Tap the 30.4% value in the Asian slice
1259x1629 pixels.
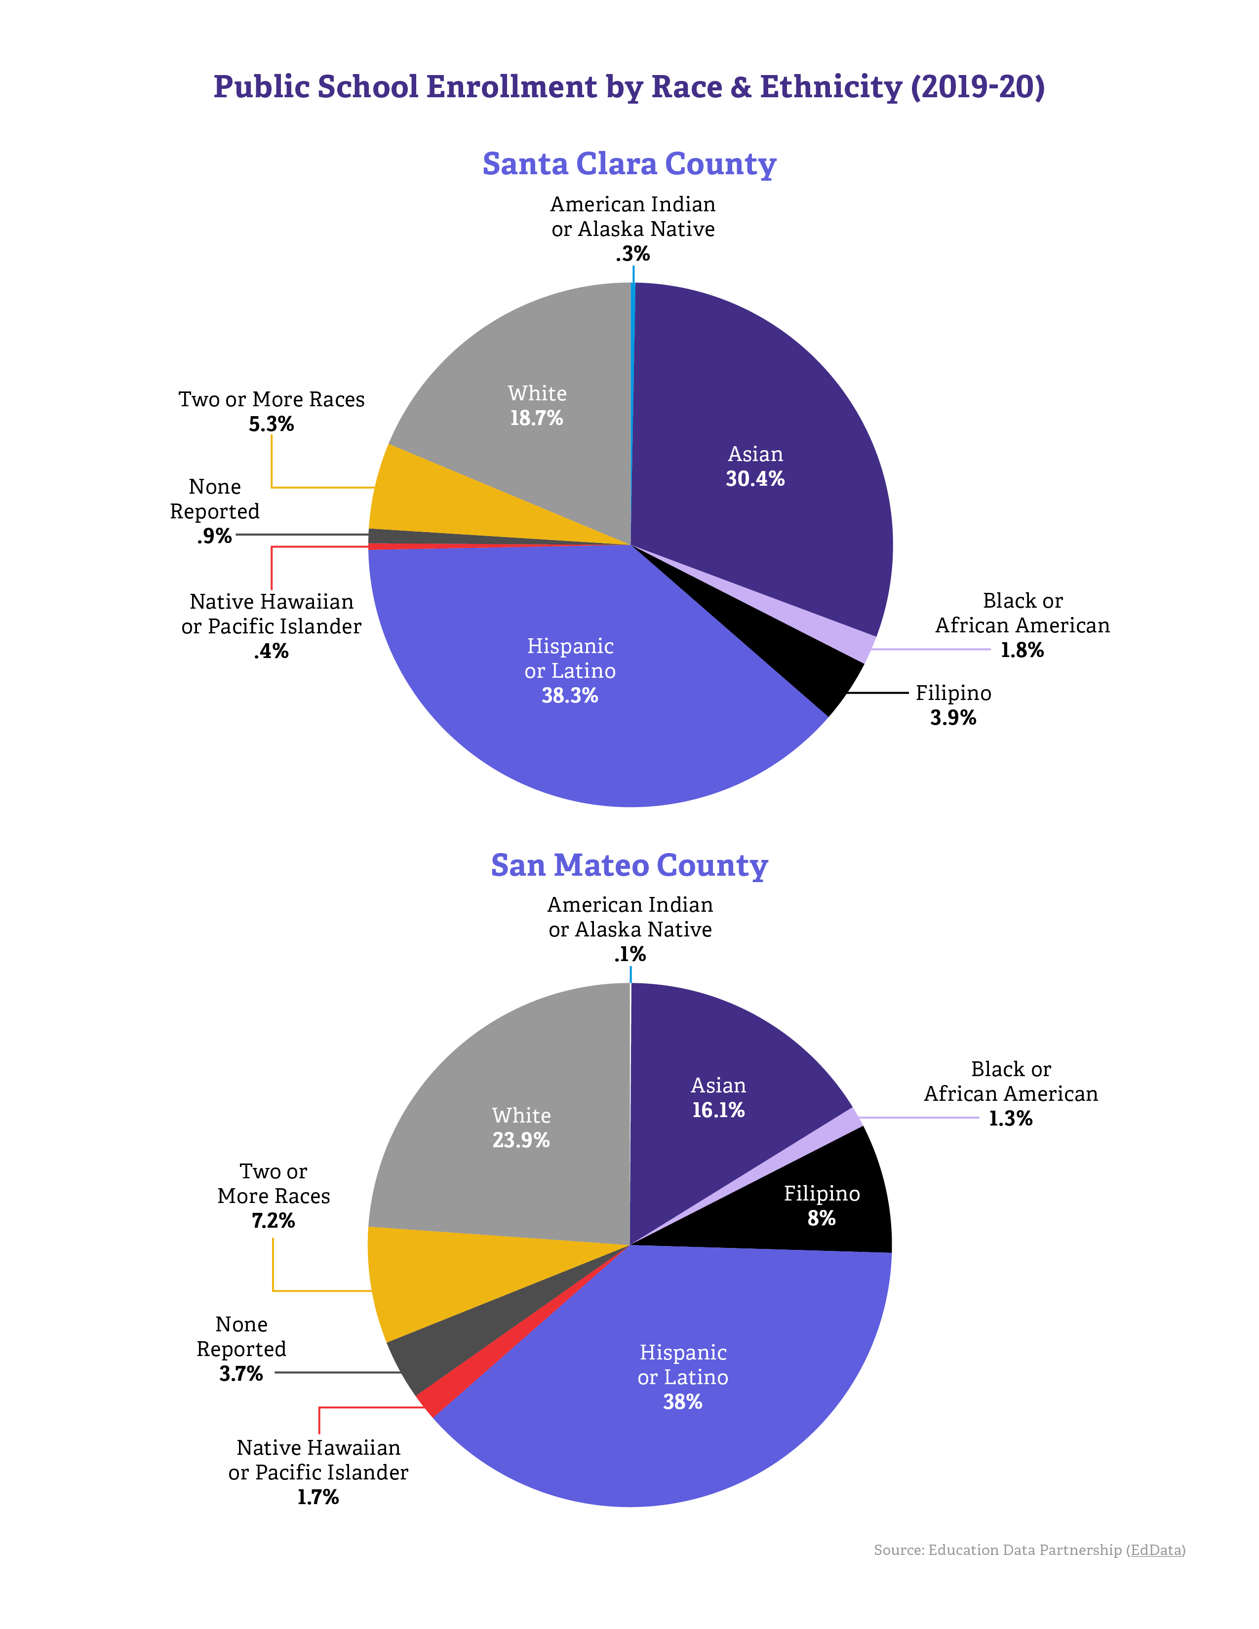(x=755, y=479)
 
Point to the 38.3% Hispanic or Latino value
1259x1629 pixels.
(x=570, y=696)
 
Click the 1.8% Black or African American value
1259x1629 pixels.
(x=1022, y=651)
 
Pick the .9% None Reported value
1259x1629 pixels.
(x=215, y=536)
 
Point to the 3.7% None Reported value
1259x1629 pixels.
(x=241, y=1373)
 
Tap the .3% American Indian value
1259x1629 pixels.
(x=632, y=254)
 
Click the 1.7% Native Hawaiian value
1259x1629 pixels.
(x=318, y=1497)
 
